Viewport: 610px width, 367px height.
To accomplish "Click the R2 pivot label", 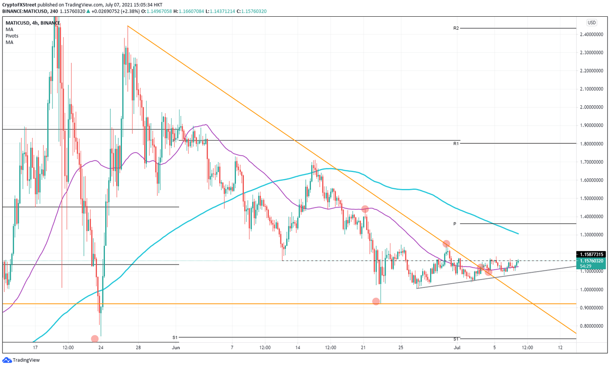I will click(x=456, y=28).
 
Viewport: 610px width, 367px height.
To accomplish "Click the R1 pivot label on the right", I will click(x=456, y=143).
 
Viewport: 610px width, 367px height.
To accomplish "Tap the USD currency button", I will click(x=591, y=23).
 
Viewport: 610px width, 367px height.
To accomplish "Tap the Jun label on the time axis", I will click(x=176, y=348).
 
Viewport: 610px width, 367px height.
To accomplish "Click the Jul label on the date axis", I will click(x=457, y=348).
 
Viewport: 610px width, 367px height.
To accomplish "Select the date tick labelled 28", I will click(x=138, y=348).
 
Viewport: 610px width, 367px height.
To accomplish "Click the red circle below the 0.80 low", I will click(x=95, y=339).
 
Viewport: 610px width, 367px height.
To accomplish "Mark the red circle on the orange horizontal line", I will click(x=376, y=301).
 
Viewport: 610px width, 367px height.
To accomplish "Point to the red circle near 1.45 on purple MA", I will click(x=365, y=209).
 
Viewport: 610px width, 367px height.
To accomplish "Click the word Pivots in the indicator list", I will click(x=12, y=36).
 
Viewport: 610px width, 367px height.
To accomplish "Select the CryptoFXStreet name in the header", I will click(x=19, y=5).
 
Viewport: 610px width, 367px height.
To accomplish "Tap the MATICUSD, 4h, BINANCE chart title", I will click(x=33, y=23).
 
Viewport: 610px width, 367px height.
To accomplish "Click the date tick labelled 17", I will click(x=35, y=348).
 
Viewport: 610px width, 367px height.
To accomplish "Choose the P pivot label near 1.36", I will click(x=455, y=224).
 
